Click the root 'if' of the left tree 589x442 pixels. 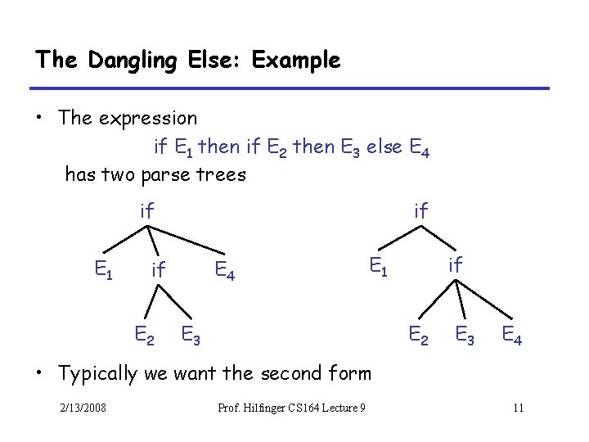147,210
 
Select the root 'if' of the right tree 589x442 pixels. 421,210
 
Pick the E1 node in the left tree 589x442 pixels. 102,268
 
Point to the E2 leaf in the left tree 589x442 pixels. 146,334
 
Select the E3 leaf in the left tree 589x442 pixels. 192,334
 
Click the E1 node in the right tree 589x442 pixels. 377,265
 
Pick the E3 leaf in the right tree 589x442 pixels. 466,334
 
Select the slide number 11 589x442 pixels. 518,408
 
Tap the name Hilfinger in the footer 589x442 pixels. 271,408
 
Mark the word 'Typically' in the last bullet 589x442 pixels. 97,374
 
